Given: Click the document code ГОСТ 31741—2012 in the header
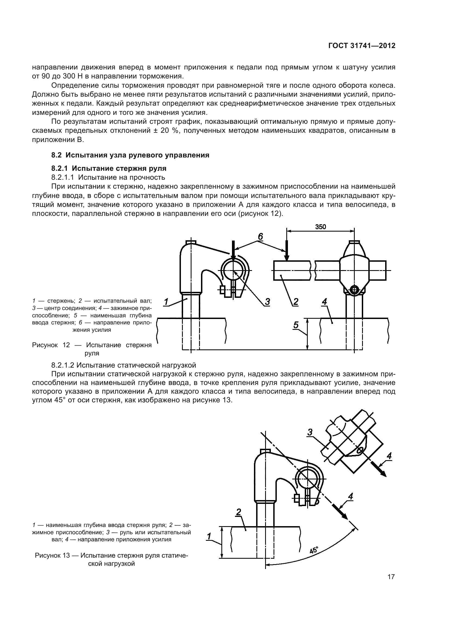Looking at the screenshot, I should pos(362,46).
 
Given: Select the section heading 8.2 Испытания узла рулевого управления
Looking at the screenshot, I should pos(130,155).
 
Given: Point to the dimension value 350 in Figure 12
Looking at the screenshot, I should pos(320,227).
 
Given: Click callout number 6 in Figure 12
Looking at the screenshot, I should pos(260,236).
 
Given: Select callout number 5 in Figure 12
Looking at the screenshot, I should pos(296,325).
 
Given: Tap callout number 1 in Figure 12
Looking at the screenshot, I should pos(166,301).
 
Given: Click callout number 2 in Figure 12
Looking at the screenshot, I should pos(296,301).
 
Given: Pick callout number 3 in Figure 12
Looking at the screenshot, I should pos(267,301).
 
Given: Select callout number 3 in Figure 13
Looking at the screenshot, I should pos(310,432).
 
